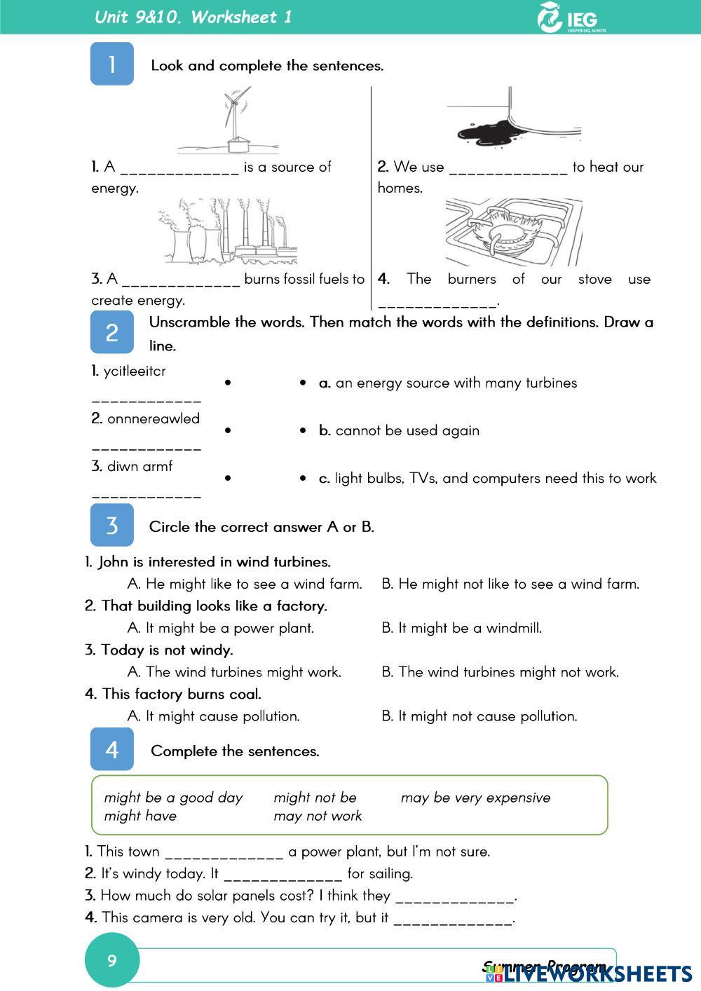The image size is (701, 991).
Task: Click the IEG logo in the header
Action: point(571,18)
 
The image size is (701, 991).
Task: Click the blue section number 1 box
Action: point(111,64)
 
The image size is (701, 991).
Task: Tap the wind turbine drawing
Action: point(231,120)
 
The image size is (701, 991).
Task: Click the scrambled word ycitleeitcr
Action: point(135,371)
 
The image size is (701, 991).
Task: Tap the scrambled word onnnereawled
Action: point(153,418)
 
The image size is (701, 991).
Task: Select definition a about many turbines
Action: point(449,383)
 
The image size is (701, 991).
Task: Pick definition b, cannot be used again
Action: point(400,430)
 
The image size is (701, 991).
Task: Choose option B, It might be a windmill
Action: point(462,628)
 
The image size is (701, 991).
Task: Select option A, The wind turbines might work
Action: point(235,672)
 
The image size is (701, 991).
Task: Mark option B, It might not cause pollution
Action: point(479,716)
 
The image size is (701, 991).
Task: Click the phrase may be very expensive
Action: point(475,798)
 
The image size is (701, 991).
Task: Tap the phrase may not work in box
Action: point(318,816)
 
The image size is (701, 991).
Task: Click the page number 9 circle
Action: point(112,960)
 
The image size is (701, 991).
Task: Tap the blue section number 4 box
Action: point(111,749)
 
